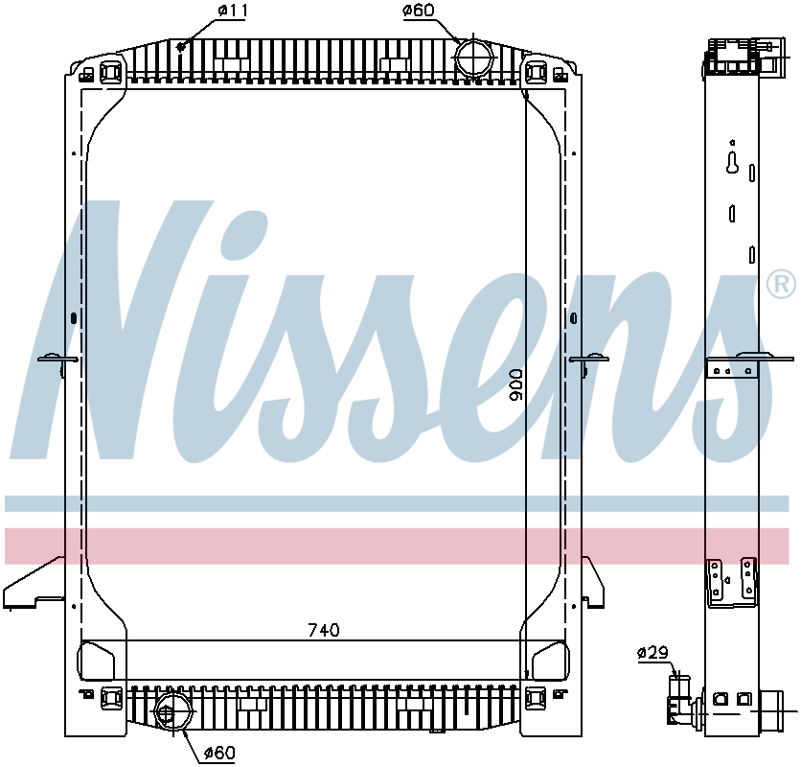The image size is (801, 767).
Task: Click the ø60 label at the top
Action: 420,12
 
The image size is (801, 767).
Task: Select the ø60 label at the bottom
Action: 218,754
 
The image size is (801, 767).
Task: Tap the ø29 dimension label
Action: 652,653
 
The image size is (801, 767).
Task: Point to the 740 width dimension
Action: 323,630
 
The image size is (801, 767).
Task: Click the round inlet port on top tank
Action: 472,57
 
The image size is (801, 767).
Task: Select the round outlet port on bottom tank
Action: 170,714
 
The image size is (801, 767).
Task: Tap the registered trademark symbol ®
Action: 781,284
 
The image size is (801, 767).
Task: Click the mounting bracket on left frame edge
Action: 57,360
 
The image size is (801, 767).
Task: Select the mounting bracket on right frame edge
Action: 588,360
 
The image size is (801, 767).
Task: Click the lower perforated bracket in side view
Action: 730,581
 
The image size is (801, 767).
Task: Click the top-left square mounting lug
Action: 109,71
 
